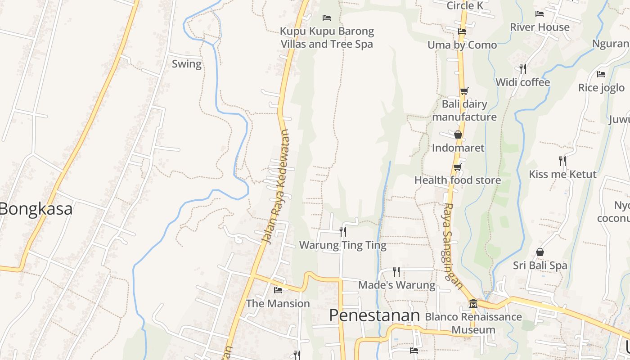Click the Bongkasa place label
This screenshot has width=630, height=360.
click(x=36, y=209)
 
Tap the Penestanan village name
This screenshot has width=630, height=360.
click(x=374, y=315)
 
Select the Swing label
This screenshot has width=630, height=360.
click(x=187, y=64)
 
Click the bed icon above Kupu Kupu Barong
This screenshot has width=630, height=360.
click(x=327, y=18)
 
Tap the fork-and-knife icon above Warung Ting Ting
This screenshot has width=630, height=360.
click(x=343, y=232)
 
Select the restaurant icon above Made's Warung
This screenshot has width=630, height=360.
click(x=396, y=271)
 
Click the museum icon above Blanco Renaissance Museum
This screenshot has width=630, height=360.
click(x=473, y=304)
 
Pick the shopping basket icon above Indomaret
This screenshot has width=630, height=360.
click(x=458, y=135)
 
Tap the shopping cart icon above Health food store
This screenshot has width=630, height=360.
click(x=458, y=167)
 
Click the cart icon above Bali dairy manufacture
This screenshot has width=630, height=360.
click(x=464, y=91)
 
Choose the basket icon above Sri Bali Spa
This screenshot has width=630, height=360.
click(x=540, y=252)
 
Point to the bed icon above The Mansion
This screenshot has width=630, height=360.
click(x=278, y=290)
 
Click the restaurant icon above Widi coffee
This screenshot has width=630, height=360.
click(x=523, y=69)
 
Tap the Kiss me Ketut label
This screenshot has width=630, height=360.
click(x=562, y=174)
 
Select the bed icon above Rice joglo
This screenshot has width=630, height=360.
click(x=601, y=74)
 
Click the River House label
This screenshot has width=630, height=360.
click(x=540, y=27)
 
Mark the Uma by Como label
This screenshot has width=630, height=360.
click(x=462, y=45)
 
